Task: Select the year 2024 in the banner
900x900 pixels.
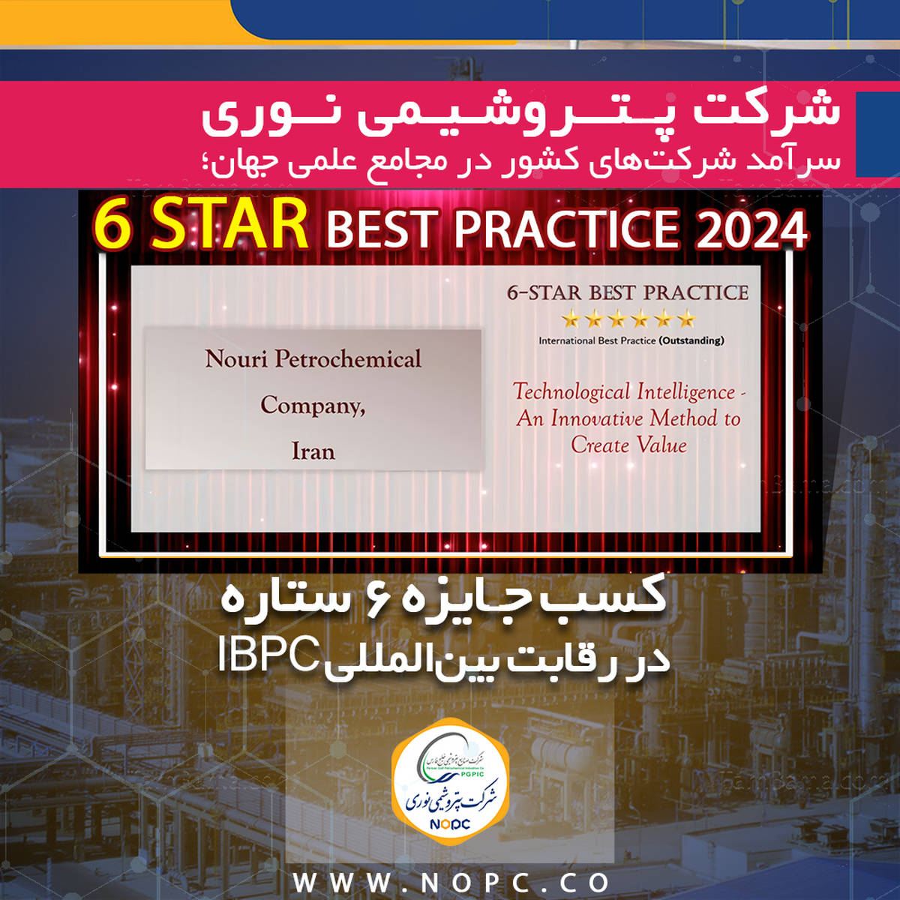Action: [751, 229]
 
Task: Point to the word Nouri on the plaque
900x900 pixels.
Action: [236, 359]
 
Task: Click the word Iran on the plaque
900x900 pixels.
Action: [313, 451]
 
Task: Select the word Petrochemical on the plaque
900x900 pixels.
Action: [348, 359]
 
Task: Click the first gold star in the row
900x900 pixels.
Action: [571, 321]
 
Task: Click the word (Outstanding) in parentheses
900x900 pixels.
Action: [691, 340]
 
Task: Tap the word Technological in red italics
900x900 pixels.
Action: [571, 391]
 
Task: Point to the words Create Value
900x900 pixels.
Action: [628, 445]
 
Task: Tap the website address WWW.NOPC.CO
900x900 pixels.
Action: [451, 882]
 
